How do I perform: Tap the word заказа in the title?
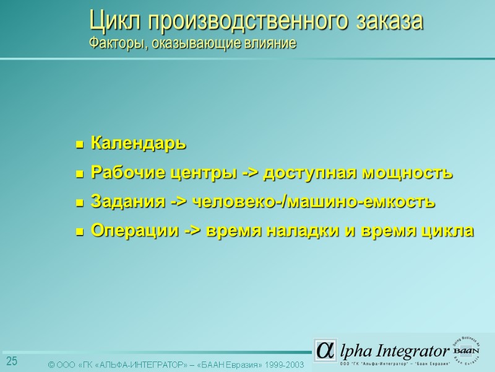click(x=390, y=22)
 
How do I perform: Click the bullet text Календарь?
click(x=138, y=144)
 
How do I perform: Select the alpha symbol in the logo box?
click(x=324, y=350)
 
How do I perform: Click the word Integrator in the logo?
click(x=410, y=350)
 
